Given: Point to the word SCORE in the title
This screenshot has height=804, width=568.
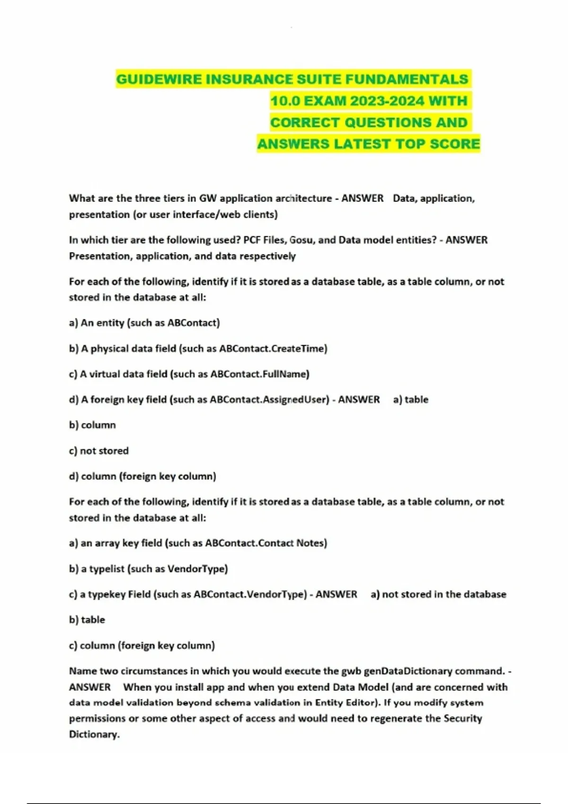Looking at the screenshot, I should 455,144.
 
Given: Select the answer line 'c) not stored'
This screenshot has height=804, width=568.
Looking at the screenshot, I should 98,451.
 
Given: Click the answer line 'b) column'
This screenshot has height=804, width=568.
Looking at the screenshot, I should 92,425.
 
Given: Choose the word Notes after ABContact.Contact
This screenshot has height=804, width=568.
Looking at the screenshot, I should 310,543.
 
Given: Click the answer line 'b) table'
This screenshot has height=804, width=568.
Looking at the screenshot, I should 87,620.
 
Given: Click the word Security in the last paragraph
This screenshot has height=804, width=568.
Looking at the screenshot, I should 462,718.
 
